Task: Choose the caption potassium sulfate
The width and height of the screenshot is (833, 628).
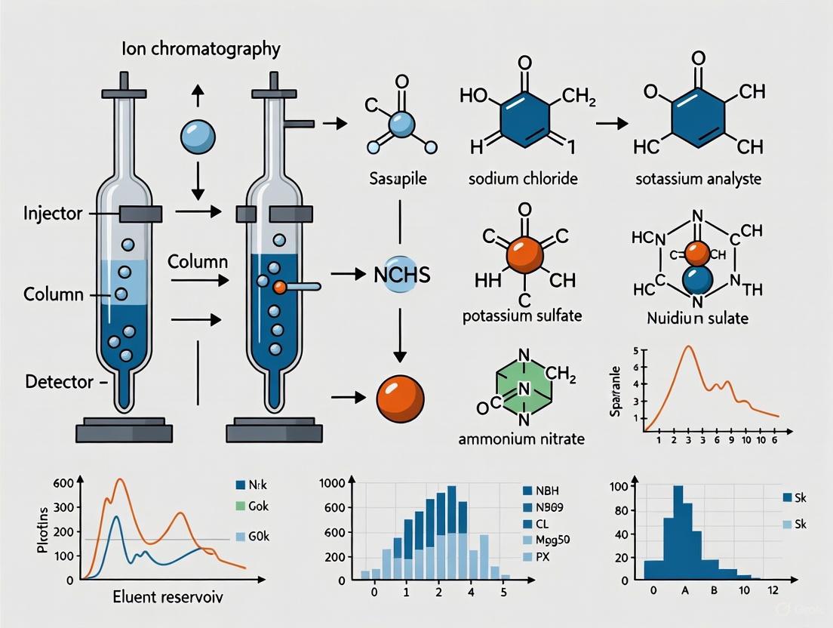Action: tap(522, 316)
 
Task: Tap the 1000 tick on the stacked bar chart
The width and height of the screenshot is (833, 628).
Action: tap(332, 483)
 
